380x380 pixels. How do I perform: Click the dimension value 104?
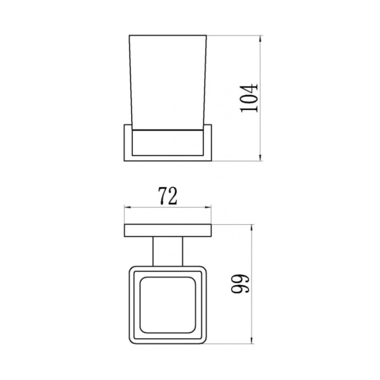251,97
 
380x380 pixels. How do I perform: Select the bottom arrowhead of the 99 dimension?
253,343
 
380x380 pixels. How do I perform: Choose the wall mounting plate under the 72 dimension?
168,231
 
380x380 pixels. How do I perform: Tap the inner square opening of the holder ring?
168,304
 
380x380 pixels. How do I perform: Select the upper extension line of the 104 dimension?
234,35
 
